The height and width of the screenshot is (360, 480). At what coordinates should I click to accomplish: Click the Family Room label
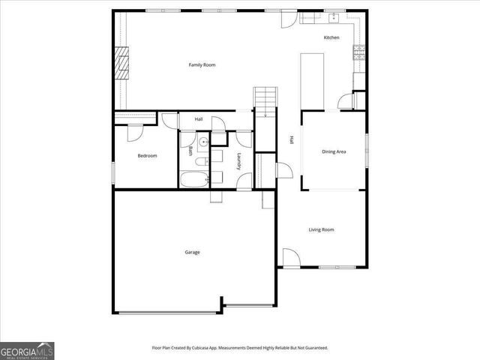click(202, 65)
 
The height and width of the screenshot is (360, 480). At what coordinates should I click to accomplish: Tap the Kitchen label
click(331, 37)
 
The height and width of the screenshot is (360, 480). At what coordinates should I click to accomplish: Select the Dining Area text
click(334, 151)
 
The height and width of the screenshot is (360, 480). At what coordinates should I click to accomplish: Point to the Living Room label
click(322, 229)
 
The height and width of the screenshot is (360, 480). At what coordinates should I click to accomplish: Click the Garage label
click(192, 252)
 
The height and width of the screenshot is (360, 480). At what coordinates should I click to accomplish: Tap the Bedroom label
click(147, 155)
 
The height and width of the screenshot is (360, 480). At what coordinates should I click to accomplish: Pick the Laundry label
click(238, 162)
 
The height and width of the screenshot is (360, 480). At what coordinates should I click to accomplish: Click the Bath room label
click(190, 151)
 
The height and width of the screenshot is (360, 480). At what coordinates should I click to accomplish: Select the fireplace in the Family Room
click(121, 64)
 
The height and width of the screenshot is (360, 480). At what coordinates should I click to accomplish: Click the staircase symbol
click(265, 98)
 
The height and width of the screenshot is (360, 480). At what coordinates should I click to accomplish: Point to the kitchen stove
click(359, 52)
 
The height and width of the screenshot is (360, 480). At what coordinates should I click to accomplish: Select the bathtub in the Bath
click(193, 178)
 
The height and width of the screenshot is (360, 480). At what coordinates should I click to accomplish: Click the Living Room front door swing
click(292, 256)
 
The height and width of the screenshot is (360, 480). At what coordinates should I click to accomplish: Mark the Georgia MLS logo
click(27, 350)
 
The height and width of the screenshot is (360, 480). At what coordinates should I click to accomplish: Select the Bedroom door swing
click(135, 132)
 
